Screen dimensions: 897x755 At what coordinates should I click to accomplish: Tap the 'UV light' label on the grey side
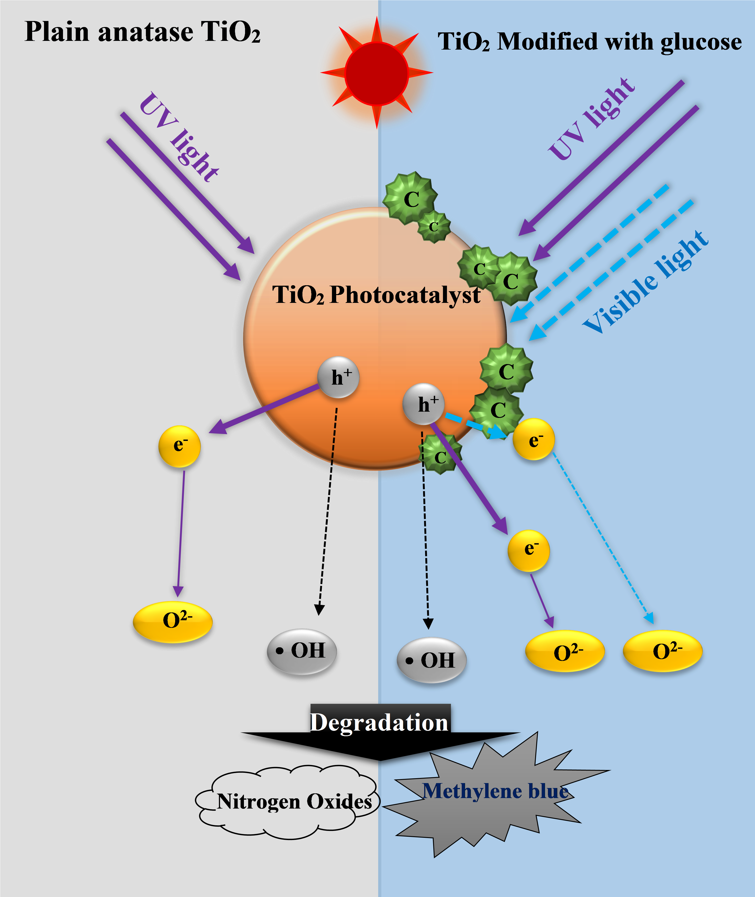pyautogui.click(x=179, y=137)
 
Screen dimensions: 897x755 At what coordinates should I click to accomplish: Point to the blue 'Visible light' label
pyautogui.click(x=645, y=283)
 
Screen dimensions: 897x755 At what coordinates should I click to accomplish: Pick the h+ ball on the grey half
pyautogui.click(x=338, y=377)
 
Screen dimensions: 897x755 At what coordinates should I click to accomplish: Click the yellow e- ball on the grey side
pyautogui.click(x=179, y=446)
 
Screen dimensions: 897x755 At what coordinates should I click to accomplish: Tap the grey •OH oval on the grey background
pyautogui.click(x=302, y=651)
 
